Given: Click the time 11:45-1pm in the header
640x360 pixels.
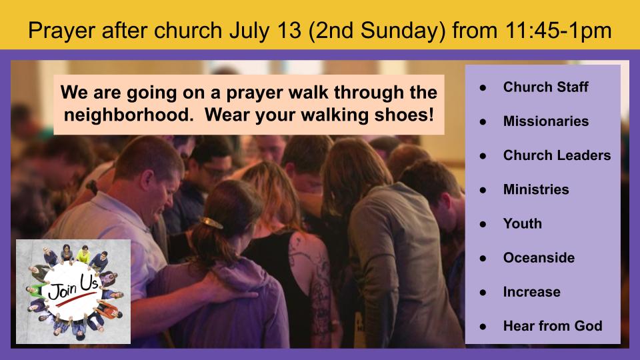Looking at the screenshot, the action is (559, 31).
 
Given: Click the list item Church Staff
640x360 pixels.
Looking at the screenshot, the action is (545, 87).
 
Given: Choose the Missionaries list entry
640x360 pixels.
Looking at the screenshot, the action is (546, 121).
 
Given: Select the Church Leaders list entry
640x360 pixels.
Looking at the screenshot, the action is (557, 155).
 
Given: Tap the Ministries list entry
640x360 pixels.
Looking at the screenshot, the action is (536, 189).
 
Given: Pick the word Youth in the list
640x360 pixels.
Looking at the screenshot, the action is (523, 224).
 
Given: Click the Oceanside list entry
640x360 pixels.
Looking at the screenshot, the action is (539, 257).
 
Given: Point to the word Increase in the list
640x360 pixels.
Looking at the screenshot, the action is (531, 292).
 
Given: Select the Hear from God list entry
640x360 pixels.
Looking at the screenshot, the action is (553, 326).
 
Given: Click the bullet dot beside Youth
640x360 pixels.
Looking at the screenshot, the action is (483, 224).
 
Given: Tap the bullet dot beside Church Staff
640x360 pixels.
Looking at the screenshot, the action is (483, 87).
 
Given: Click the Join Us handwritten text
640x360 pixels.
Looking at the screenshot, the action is (73, 287).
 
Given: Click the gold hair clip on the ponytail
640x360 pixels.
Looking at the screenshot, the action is (211, 223).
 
